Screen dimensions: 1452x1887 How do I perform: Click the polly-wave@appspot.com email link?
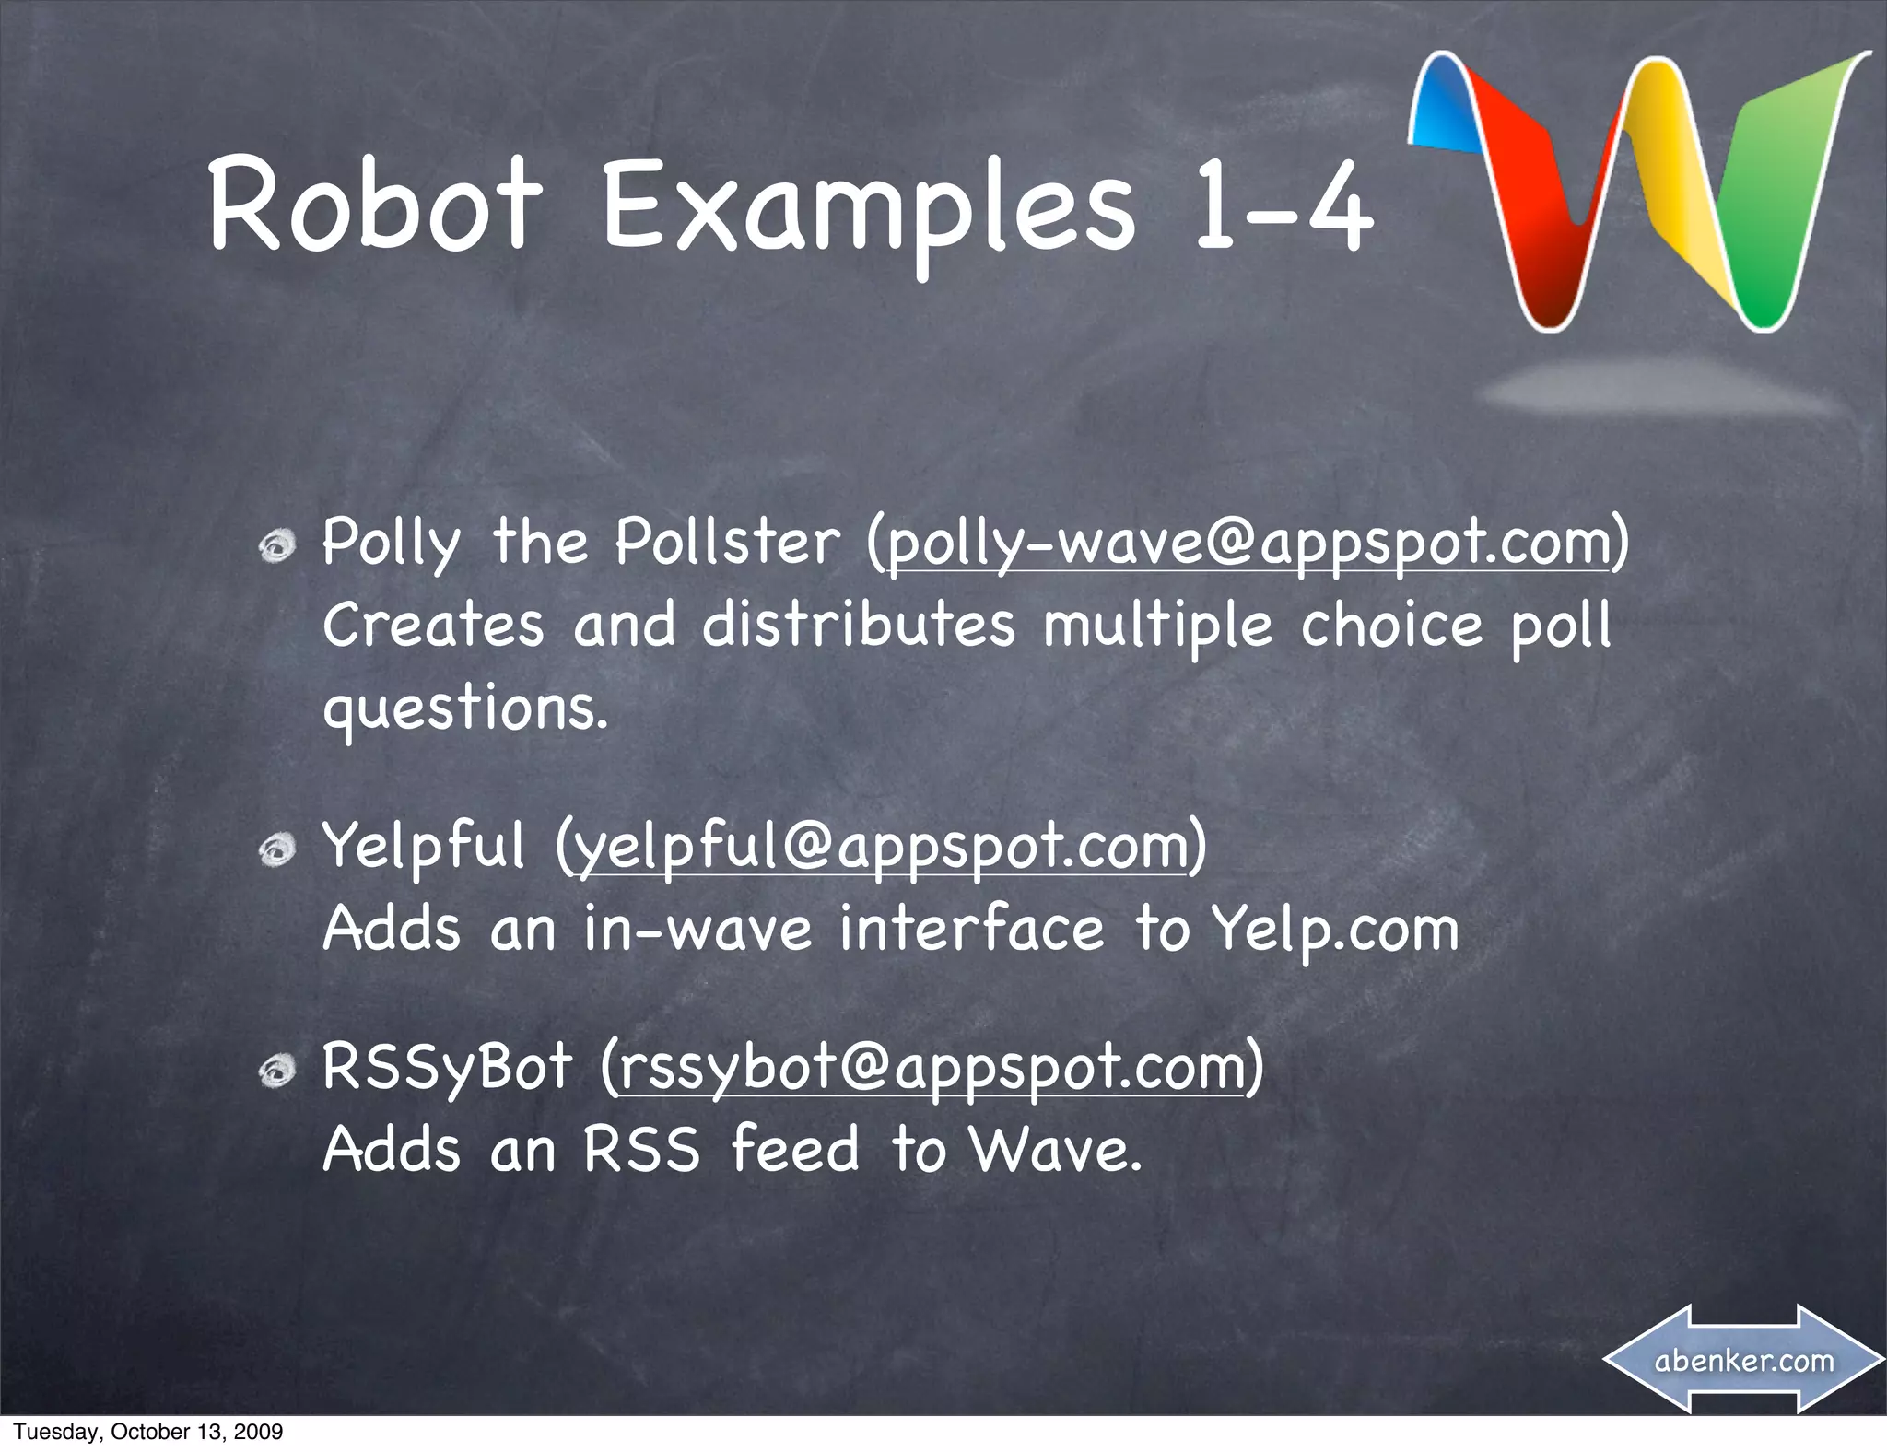[x=1248, y=543]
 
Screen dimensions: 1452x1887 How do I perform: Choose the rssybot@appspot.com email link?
[x=932, y=1067]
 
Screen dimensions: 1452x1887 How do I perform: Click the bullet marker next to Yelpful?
[x=276, y=852]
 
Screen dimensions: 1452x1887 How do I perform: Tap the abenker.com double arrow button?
[x=1743, y=1360]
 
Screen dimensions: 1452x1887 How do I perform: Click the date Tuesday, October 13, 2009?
[x=148, y=1432]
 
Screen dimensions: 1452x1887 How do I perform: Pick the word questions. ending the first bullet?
[x=465, y=709]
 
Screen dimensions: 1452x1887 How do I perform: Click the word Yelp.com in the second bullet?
[x=1335, y=929]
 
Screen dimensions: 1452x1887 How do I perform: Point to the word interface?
[x=971, y=929]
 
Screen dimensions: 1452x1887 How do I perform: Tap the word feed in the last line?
[x=795, y=1150]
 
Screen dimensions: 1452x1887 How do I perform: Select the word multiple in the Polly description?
[x=1157, y=626]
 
